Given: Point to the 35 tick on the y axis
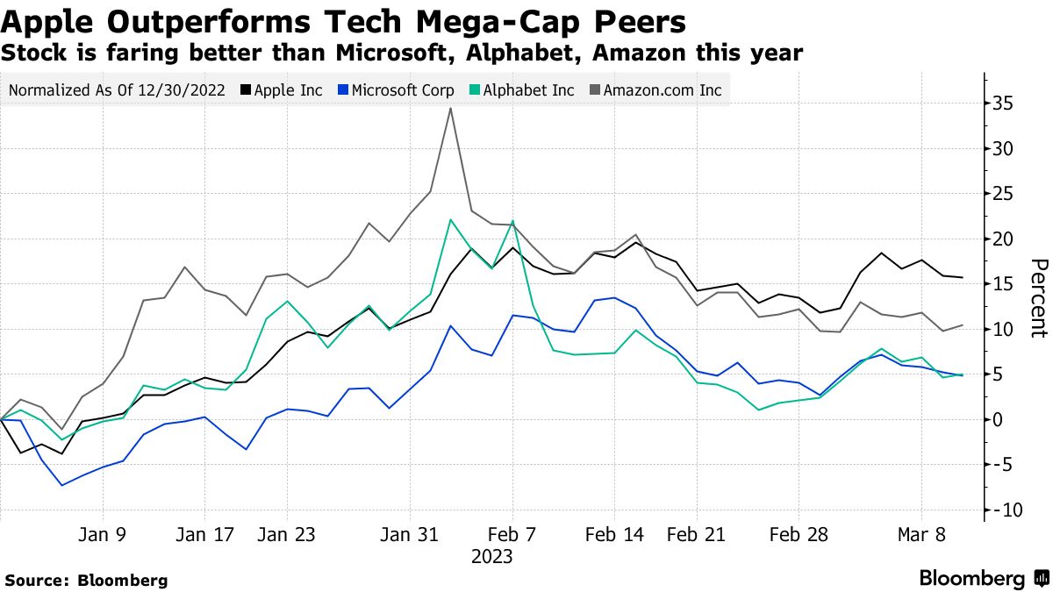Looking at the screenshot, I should pyautogui.click(x=1001, y=104).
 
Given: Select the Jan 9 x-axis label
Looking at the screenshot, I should pyautogui.click(x=104, y=534).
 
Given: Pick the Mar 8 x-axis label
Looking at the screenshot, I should pyautogui.click(x=921, y=534).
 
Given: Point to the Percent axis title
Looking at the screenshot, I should pyautogui.click(x=1038, y=298).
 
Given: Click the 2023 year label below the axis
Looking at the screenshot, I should pyautogui.click(x=491, y=557).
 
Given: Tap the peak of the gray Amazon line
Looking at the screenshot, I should pyautogui.click(x=450, y=109).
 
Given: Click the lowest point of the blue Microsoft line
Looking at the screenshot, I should pyautogui.click(x=61, y=485).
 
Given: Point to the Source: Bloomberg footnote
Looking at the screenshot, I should pyautogui.click(x=86, y=580).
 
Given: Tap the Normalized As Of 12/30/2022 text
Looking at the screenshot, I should pyautogui.click(x=117, y=90).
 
